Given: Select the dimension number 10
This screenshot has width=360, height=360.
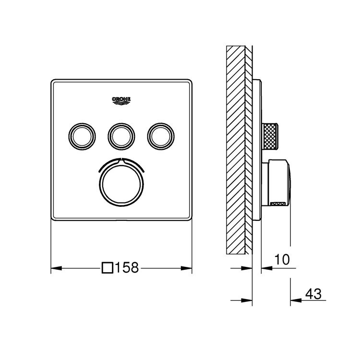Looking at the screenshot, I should (x=283, y=260).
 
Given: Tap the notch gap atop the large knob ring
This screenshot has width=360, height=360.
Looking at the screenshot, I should (x=121, y=159).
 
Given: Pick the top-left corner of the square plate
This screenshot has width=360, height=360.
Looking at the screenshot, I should (x=52, y=80).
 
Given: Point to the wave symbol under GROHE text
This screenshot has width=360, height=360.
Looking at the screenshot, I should (x=121, y=102).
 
